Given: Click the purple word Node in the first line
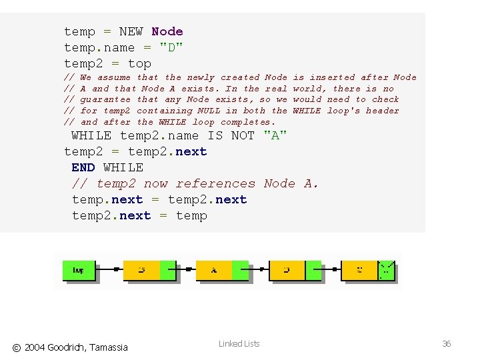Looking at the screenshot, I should click(167, 31).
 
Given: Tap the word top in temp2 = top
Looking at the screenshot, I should click(139, 63).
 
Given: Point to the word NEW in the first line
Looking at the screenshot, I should click(131, 31).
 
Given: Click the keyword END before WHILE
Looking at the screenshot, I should click(83, 167).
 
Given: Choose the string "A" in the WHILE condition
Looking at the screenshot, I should click(276, 135).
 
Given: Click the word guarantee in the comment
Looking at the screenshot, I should click(105, 99).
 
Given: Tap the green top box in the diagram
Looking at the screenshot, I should click(79, 270).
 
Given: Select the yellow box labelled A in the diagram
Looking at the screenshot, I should click(213, 270).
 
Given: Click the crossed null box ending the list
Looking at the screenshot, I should click(387, 270).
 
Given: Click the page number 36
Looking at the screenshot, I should click(447, 344).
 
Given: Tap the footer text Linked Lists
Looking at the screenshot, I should click(239, 344).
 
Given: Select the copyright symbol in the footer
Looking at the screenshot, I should click(17, 347).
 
